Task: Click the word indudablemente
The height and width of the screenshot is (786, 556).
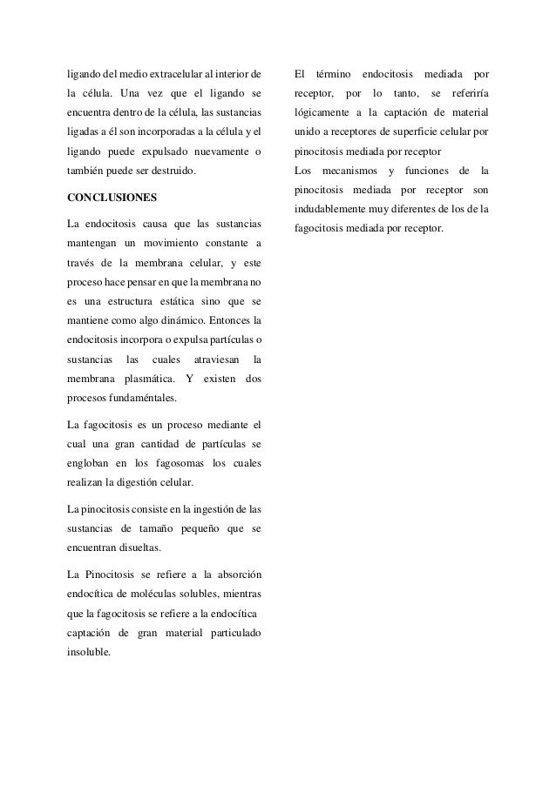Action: click(332, 209)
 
